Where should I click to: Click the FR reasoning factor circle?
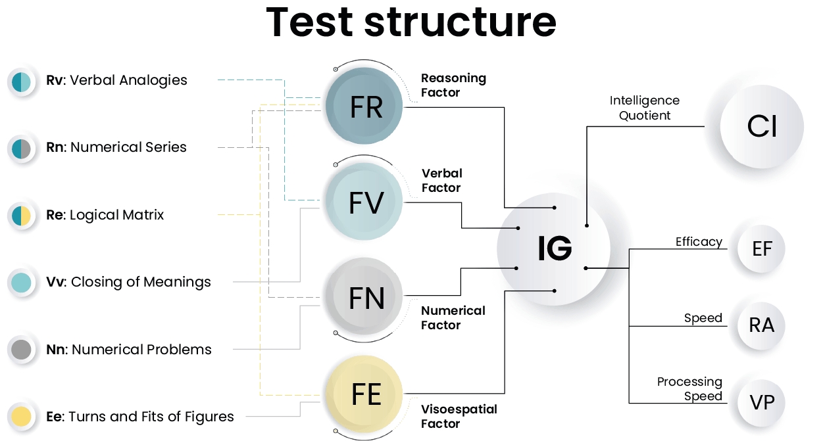tap(365, 107)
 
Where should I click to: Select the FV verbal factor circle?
tap(365, 202)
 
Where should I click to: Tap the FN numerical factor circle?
tap(365, 299)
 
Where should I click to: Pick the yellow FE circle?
tap(365, 394)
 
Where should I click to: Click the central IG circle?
tap(554, 249)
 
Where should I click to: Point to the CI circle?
tap(762, 126)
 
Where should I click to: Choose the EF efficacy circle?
tap(762, 249)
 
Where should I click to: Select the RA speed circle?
tap(762, 325)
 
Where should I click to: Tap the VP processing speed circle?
tap(762, 402)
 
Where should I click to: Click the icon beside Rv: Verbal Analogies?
tap(21, 81)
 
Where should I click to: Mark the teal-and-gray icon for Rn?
tap(21, 149)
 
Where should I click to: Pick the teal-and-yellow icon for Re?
tap(21, 216)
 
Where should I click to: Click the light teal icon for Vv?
tap(21, 283)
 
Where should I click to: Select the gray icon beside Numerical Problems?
tap(21, 350)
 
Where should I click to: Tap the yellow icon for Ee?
tap(21, 417)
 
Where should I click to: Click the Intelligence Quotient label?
tap(644, 108)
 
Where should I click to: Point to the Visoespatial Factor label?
tap(459, 416)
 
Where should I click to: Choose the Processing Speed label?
tap(689, 389)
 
